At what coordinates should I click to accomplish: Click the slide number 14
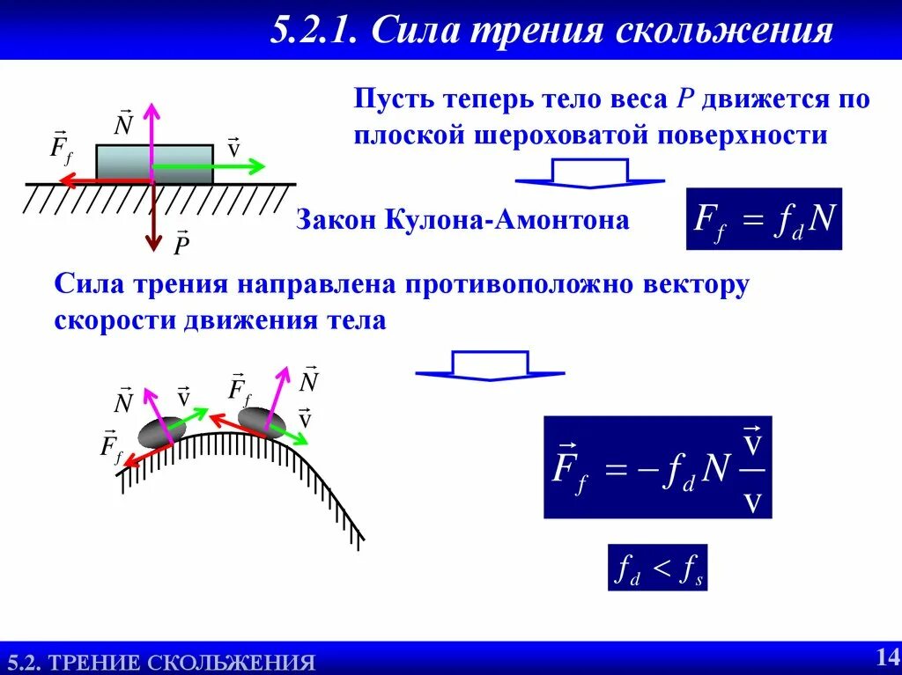[885, 656]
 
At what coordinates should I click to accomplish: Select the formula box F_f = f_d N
[764, 219]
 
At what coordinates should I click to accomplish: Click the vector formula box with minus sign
[657, 466]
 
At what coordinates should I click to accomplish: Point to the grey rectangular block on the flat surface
[123, 164]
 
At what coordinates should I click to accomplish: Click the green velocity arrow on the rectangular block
[211, 165]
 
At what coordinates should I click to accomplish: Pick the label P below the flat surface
[181, 245]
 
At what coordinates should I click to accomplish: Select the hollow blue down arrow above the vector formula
[490, 365]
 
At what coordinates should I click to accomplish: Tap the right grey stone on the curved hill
[260, 421]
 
